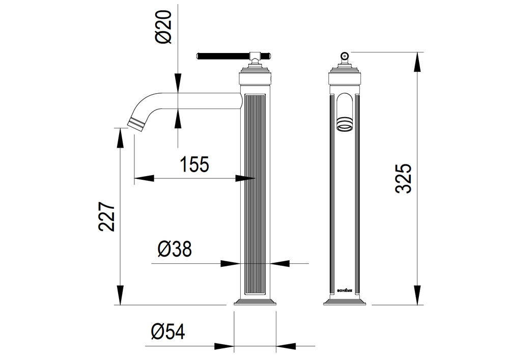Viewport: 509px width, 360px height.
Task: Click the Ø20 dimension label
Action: pos(163,27)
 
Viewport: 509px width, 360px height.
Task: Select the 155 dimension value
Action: pos(194,164)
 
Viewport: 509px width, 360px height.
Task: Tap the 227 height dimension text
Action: pos(106,217)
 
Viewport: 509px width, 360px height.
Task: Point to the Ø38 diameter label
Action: pos(175,250)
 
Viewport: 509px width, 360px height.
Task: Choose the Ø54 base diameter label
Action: pos(168,332)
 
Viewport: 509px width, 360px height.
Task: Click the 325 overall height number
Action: pos(404,179)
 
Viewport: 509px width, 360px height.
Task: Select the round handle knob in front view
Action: pos(344,56)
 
